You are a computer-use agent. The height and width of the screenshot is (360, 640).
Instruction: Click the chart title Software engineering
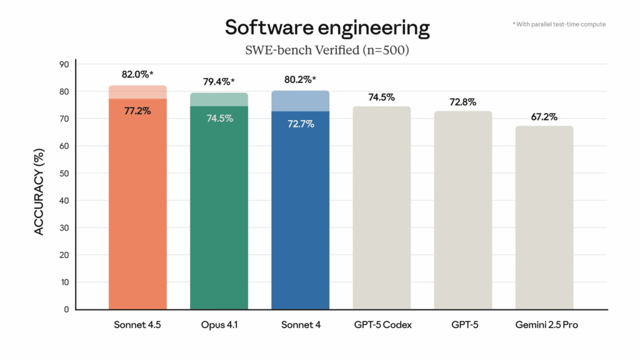tap(327, 28)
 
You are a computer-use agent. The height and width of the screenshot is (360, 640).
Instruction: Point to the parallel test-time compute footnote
tap(559, 24)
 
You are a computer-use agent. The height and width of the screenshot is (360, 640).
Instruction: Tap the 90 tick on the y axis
tap(64, 64)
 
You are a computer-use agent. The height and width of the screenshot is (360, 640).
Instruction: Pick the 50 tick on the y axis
tap(64, 173)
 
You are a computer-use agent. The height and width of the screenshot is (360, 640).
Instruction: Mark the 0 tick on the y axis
tap(66, 309)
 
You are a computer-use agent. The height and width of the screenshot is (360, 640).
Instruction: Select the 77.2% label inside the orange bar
tap(137, 111)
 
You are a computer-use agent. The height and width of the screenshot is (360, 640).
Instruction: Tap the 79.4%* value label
tap(219, 82)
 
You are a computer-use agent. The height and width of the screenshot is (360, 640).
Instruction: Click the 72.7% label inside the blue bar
tap(300, 124)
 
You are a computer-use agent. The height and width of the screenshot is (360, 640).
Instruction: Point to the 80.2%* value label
tap(300, 79)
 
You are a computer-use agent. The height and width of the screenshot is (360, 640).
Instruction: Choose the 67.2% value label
tap(544, 117)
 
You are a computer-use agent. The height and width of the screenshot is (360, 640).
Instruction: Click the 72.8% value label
tap(462, 101)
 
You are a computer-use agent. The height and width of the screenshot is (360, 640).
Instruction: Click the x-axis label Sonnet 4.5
tap(137, 325)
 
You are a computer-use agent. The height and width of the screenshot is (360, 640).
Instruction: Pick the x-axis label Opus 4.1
tap(219, 325)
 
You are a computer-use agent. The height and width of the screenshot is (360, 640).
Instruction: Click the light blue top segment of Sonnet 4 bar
tap(300, 101)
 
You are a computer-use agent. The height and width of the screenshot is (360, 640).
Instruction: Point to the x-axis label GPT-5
tap(462, 325)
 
